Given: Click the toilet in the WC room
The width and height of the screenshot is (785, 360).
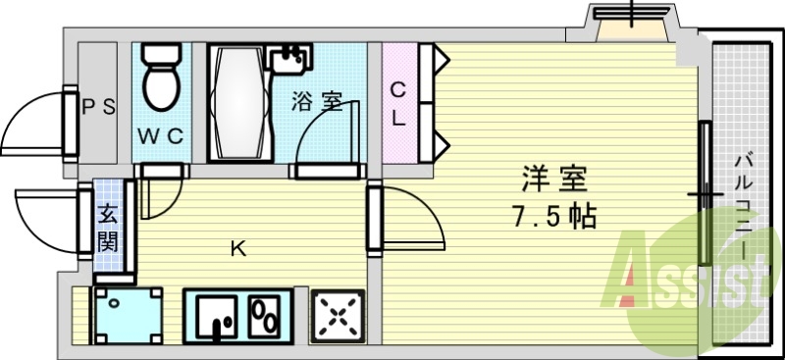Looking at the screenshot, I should [x=158, y=77].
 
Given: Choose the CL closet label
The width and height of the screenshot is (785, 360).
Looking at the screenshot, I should [x=398, y=103].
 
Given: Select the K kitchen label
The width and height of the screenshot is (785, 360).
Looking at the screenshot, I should [x=237, y=249].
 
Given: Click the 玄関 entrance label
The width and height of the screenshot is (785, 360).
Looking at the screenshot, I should [x=108, y=225].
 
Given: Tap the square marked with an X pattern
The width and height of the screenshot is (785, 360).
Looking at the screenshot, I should [x=338, y=316].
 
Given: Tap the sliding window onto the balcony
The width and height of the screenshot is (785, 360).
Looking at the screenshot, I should [x=705, y=196].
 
